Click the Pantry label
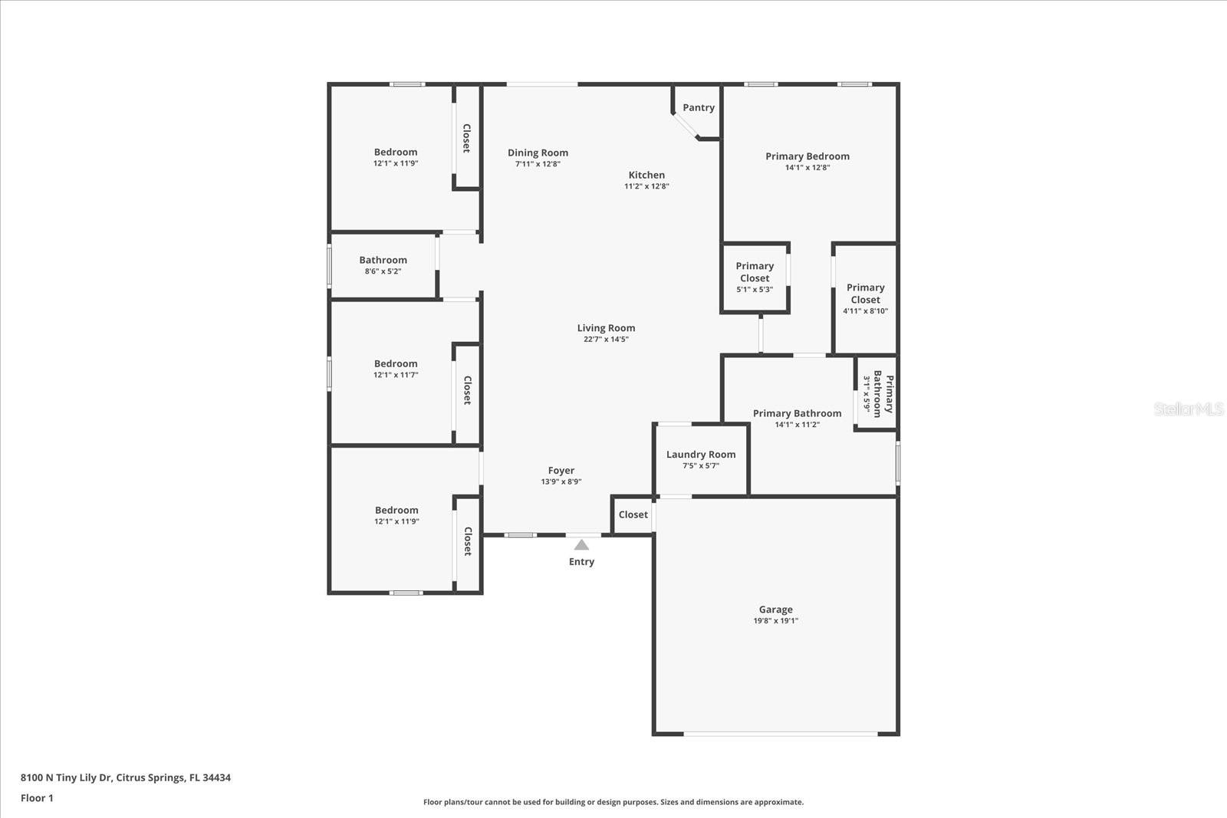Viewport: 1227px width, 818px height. (x=698, y=107)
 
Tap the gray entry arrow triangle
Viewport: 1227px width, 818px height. (x=581, y=545)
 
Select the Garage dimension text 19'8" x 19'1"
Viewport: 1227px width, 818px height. (x=775, y=621)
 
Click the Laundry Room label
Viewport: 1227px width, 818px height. (x=700, y=455)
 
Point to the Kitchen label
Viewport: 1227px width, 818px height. (x=646, y=175)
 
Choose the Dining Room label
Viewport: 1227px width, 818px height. (x=538, y=153)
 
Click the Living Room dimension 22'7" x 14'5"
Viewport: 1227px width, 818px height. (x=606, y=339)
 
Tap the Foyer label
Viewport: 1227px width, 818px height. (x=561, y=471)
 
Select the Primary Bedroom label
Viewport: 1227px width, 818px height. (x=807, y=156)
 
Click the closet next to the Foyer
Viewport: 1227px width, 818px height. (x=633, y=514)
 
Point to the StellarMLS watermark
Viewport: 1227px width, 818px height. (x=1188, y=409)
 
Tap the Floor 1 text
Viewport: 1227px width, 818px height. (x=37, y=798)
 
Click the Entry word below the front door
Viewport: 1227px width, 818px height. (x=581, y=562)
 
